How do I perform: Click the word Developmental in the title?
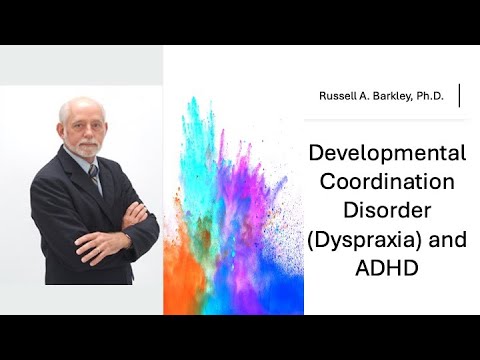(386, 153)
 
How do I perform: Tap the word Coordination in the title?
(386, 183)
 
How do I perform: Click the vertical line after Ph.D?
(459, 95)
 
